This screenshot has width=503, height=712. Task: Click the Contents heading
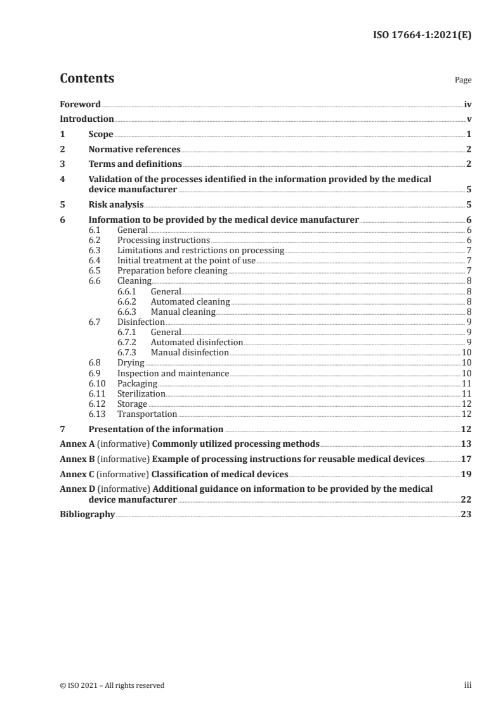coord(87,79)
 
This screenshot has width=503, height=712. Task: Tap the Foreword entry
coord(80,104)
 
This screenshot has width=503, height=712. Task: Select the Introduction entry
coord(87,119)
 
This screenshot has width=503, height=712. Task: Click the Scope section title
coord(101,135)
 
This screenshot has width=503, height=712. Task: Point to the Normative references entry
coord(134,150)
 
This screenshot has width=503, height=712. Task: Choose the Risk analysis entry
coord(116,205)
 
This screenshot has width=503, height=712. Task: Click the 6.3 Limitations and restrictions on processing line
coord(200,250)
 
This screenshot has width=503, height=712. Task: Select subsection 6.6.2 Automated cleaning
coord(190,301)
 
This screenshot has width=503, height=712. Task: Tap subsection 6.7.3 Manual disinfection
coord(190,352)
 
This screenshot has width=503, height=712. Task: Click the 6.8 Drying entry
coord(131,363)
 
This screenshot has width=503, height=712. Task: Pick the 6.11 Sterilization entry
coord(141,393)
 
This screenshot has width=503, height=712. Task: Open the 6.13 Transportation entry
coord(147,414)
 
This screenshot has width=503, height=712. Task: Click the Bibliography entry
coord(87,515)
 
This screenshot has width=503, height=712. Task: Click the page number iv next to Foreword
coord(467,104)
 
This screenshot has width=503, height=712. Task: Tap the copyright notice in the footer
coord(112,685)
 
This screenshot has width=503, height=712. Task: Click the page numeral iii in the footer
coord(468,685)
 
